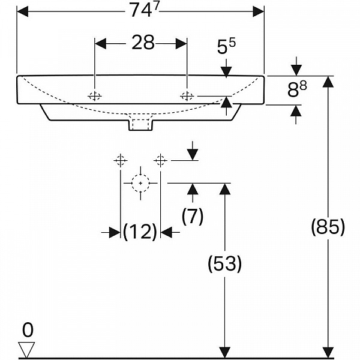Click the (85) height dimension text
328,227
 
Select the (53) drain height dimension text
225,263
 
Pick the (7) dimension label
192,216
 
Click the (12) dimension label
140,232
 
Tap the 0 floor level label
27,329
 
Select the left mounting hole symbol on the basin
95,96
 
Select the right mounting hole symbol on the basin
187,96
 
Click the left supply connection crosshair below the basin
121,160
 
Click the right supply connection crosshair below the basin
160,160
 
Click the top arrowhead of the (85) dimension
328,82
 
